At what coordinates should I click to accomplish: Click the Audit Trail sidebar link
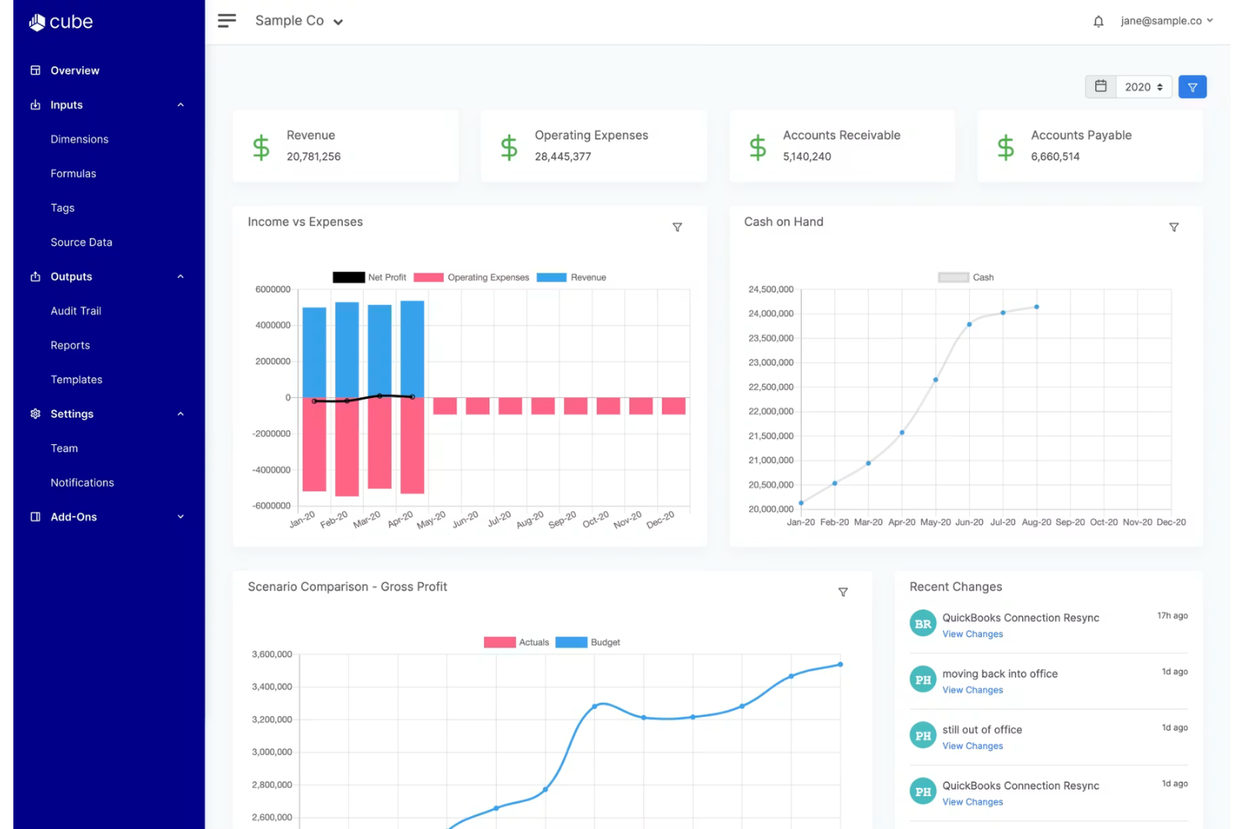coord(76,311)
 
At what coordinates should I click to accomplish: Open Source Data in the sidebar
coord(81,242)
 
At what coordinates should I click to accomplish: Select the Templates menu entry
coord(76,380)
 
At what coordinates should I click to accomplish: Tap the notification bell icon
coord(1098,21)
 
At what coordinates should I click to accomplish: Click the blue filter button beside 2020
coord(1192,87)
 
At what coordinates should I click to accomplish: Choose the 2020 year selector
coord(1143,87)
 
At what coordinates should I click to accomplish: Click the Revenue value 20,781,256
coord(314,156)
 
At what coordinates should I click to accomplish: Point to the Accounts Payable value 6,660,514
coord(1055,156)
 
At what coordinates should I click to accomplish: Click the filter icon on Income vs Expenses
coord(677,228)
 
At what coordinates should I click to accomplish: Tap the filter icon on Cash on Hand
coord(1173,228)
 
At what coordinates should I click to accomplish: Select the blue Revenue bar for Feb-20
coord(347,349)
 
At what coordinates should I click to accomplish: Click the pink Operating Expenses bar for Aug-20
coord(543,406)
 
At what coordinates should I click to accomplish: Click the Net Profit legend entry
coord(369,277)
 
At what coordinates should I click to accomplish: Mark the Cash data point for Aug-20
coord(1036,307)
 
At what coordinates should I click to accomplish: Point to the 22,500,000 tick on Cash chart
coord(771,386)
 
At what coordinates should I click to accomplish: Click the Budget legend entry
coord(588,642)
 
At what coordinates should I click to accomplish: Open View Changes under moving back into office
coord(973,690)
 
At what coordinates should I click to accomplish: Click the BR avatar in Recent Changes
coord(922,624)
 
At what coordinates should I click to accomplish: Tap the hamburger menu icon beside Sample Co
coord(227,20)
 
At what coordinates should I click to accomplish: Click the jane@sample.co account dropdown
coord(1167,20)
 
